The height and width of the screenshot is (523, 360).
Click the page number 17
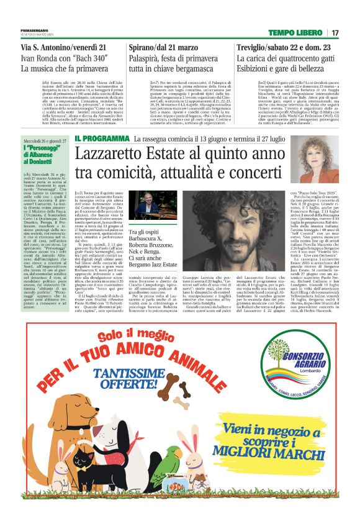click(336, 33)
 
